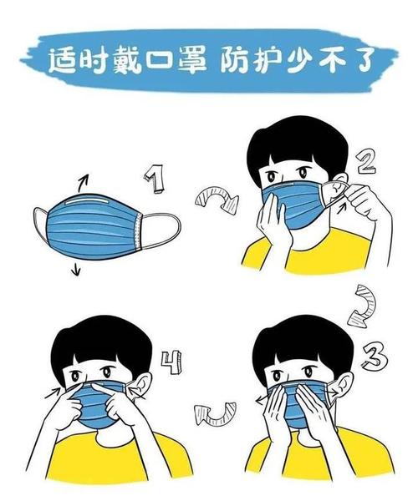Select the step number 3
(375, 357)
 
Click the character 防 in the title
(236, 61)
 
